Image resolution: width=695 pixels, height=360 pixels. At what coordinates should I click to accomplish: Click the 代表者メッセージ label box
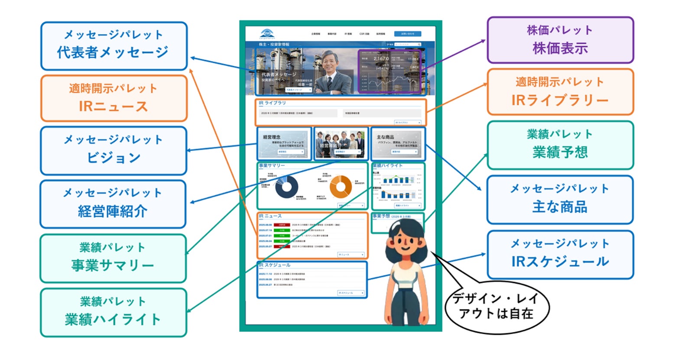114,46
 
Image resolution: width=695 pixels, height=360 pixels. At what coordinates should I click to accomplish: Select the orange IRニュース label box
114,98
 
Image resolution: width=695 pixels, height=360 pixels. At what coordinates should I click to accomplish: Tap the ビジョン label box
114,150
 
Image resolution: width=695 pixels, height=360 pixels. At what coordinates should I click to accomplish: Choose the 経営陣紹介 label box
113,204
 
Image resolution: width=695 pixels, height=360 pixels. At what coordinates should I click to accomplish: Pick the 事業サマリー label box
113,258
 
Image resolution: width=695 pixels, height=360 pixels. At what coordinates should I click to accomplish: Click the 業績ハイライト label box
114,312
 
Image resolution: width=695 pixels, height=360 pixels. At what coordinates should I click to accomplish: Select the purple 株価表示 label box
560,40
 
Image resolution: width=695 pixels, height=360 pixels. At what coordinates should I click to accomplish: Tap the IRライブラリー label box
560,92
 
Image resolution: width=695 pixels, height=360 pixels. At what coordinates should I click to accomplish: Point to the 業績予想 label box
560,145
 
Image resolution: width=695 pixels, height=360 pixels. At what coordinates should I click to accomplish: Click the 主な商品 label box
560,200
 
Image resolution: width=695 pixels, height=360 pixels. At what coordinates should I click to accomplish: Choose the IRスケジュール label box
560,255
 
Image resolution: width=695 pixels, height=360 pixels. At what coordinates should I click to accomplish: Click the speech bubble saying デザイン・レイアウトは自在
497,307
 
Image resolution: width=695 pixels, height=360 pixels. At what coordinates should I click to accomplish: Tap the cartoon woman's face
405,240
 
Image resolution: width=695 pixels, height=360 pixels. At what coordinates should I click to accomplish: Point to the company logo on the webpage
267,34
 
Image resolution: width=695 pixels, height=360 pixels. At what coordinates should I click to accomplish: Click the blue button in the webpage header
407,34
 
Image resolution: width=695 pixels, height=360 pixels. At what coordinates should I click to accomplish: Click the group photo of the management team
341,143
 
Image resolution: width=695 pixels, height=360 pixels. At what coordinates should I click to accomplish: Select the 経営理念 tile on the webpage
284,143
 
